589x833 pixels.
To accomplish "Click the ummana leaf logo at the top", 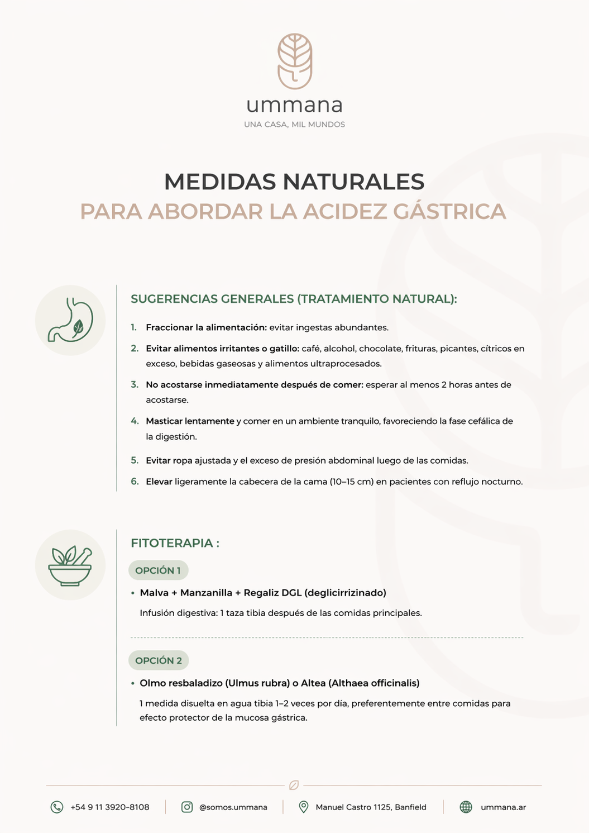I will coord(295,61).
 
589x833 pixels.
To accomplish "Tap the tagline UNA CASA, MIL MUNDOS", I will coord(295,125).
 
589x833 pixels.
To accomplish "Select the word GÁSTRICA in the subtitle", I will coord(449,212).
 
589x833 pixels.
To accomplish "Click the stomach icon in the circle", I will coord(70,320).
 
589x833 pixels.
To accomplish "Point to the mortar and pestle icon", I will coord(70,565).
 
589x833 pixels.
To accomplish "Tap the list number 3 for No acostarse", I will coord(135,384).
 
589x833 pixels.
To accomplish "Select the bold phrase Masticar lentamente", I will coord(190,421).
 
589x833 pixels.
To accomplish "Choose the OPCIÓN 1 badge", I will coord(158,570).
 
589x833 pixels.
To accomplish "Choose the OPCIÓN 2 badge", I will coord(159,660).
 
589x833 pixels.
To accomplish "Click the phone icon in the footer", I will coord(57,807).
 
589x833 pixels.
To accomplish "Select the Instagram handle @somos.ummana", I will coord(233,807).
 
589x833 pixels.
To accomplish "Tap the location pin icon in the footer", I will coord(303,807).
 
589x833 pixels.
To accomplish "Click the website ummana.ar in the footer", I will coord(503,807).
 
